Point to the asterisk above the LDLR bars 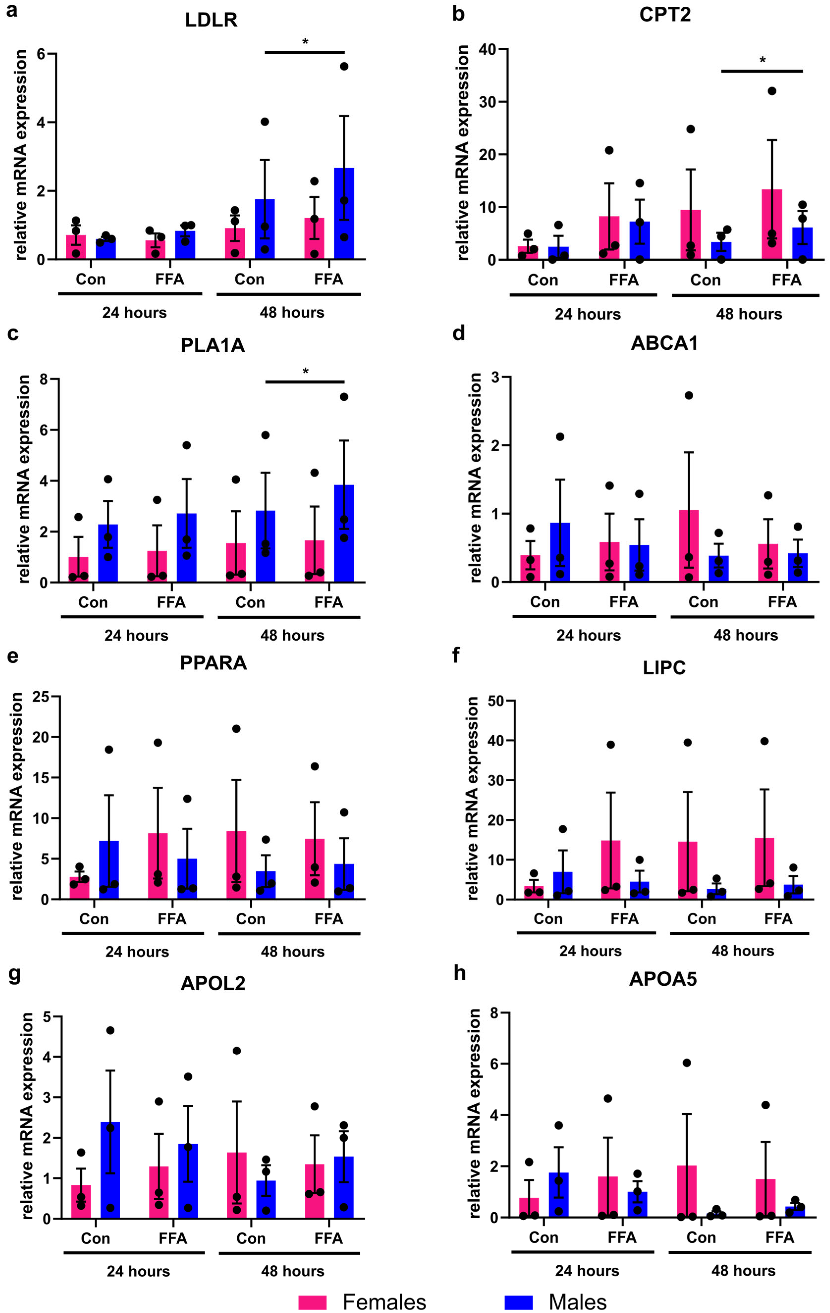click(x=305, y=42)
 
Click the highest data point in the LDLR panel click(x=344, y=67)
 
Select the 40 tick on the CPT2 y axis click(x=487, y=50)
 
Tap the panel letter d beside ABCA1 click(x=459, y=332)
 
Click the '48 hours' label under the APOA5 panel click(x=743, y=1270)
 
